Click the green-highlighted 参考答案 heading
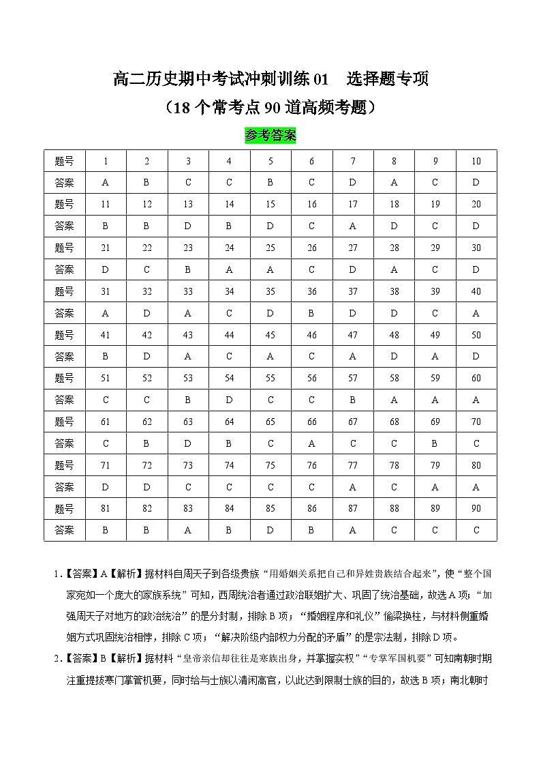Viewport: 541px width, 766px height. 270,136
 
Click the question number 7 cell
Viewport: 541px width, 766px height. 353,161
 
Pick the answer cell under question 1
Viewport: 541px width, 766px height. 106,183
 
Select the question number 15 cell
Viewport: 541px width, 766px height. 270,204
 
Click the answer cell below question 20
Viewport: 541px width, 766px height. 476,226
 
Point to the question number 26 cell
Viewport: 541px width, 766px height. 312,248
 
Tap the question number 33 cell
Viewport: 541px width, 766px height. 188,291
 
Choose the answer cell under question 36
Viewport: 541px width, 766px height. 312,313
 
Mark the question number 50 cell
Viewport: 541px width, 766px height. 476,335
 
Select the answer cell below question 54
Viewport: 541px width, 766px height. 230,400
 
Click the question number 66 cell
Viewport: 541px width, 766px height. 312,422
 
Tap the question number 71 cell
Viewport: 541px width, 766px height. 106,465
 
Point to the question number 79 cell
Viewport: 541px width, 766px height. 435,465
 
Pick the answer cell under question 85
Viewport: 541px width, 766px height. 270,530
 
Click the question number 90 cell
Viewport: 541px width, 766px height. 476,508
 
